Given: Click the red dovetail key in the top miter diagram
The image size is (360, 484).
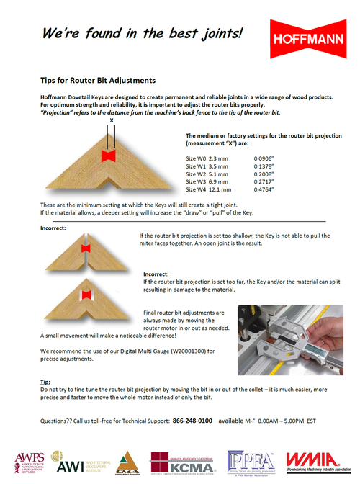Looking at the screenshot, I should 110,155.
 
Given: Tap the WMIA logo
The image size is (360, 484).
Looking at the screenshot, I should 317,460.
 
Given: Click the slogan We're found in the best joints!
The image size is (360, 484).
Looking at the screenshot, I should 141,33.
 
